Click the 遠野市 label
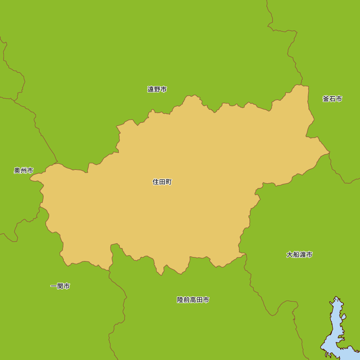tap(157, 89)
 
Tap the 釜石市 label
tap(332, 99)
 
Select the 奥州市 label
tap(24, 171)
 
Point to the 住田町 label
tap(162, 182)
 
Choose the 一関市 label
tap(60, 286)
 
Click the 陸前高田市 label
tap(193, 300)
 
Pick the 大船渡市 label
tap(299, 255)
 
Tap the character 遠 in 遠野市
tap(150, 89)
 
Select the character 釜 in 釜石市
tap(326, 99)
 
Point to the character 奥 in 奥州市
tap(17, 171)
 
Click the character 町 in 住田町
tap(168, 182)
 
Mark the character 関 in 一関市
tap(60, 286)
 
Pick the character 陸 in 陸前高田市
tap(180, 300)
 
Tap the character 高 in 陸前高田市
tap(193, 300)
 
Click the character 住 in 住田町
tap(156, 182)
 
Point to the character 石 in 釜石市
tap(332, 99)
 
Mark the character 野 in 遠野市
tap(157, 89)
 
